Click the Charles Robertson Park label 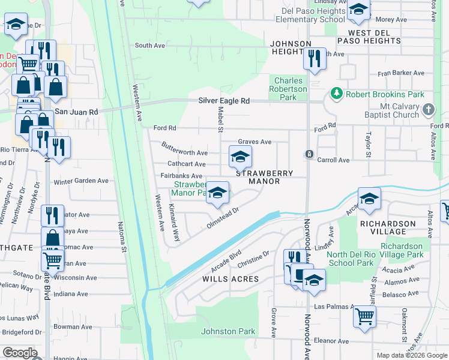coord(291,89)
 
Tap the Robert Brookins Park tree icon coord(336,94)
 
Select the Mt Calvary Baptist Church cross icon coord(427,110)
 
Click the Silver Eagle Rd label coord(224,101)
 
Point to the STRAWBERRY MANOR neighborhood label coord(264,177)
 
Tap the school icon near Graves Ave coord(240,157)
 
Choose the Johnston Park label coord(228,331)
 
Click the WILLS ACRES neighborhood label coord(231,279)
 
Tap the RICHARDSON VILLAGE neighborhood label coord(390,227)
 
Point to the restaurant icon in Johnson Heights coord(314,59)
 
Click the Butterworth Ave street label coord(184,149)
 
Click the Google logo coord(20,353)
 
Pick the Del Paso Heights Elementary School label coord(310,15)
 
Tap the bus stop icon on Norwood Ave coord(309,154)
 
